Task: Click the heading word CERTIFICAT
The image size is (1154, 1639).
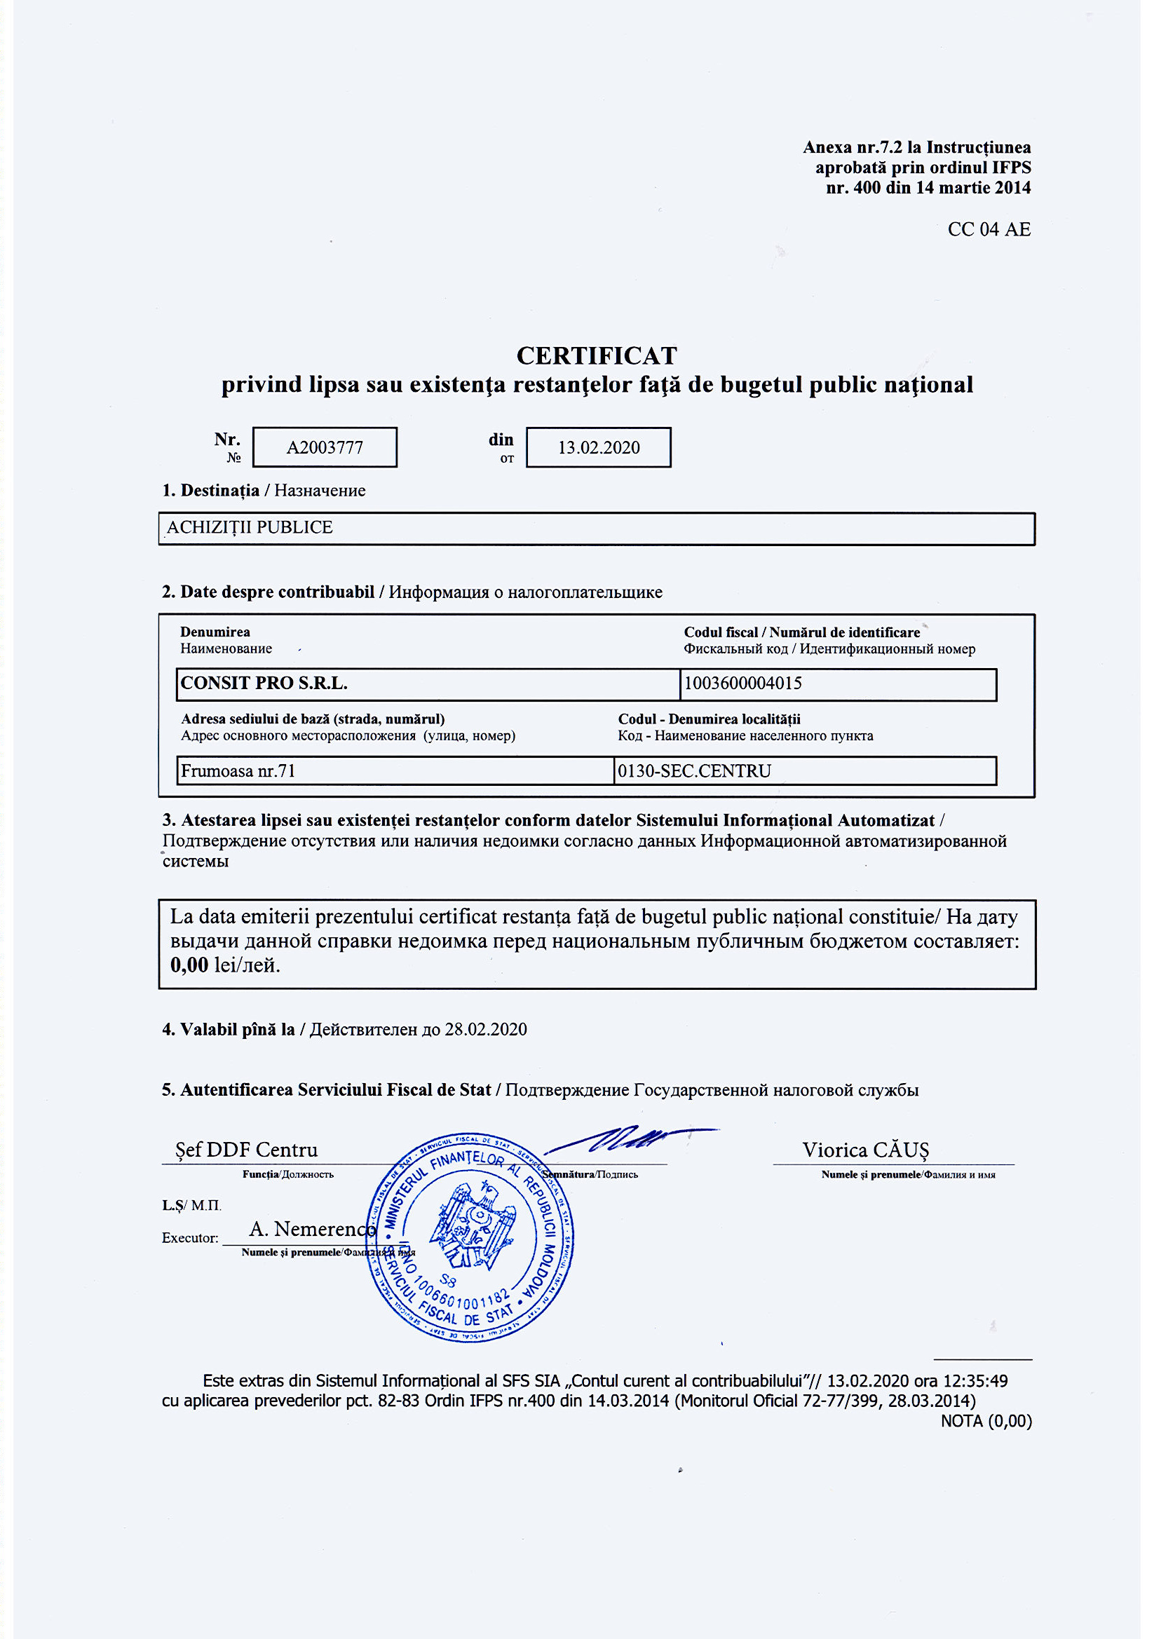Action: (x=597, y=355)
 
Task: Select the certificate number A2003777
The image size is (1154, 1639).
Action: (x=325, y=447)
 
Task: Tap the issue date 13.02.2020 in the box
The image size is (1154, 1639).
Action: (x=599, y=447)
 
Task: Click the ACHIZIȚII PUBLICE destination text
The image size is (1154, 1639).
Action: (x=250, y=528)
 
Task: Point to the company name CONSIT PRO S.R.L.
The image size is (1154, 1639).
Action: (x=264, y=684)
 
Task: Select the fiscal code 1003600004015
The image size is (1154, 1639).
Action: (x=742, y=684)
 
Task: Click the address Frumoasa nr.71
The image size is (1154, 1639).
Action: (x=238, y=771)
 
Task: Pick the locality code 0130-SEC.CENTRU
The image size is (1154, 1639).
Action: (x=694, y=771)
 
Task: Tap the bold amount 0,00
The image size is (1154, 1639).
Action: (x=189, y=965)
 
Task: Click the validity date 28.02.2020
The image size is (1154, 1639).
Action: (x=486, y=1029)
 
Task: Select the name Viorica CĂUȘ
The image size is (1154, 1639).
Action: (x=865, y=1150)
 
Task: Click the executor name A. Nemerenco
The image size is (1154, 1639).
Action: (x=312, y=1228)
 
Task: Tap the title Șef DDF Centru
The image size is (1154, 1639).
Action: (x=246, y=1150)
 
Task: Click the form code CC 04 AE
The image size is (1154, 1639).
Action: (x=989, y=229)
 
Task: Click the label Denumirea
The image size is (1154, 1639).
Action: (x=215, y=632)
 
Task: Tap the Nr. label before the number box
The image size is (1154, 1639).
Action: (x=227, y=439)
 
